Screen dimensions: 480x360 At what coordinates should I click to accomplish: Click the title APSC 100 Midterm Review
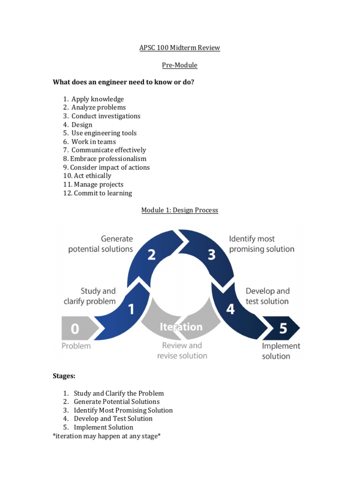180,48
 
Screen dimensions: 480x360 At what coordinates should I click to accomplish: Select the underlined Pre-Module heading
180,65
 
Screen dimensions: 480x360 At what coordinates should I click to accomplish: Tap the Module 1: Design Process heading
180,210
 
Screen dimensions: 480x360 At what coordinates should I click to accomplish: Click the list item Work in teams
93,142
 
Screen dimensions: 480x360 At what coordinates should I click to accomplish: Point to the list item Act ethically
92,176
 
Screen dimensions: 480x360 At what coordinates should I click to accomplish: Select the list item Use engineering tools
104,133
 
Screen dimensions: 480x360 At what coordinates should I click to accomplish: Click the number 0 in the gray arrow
75,329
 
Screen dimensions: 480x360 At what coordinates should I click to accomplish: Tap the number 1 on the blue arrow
131,309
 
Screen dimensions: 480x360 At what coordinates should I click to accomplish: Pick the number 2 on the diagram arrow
151,255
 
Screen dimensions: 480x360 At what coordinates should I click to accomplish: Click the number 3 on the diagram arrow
211,255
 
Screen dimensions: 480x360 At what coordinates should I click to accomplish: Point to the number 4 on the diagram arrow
231,309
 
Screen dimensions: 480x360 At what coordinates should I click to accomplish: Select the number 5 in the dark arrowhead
283,329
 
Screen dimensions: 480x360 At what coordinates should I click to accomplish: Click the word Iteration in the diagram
181,327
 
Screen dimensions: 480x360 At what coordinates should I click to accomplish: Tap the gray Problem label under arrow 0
76,346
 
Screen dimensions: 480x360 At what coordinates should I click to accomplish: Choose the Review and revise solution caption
182,351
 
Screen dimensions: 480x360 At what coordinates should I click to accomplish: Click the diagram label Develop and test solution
268,296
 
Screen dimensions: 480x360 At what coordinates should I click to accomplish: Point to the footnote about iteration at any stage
107,436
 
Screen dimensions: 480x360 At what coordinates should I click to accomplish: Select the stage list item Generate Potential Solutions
116,402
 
